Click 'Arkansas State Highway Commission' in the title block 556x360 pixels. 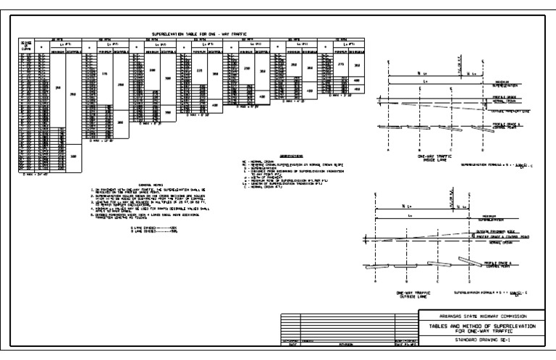click(479, 317)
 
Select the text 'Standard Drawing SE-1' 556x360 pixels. click(479, 338)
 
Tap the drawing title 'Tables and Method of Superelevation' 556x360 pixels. click(479, 326)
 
